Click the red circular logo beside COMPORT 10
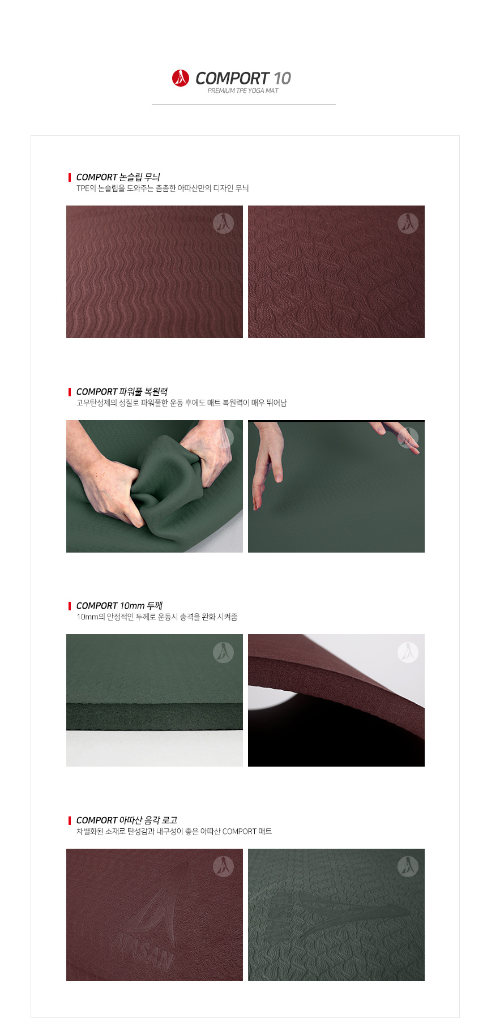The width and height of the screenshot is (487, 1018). point(181,78)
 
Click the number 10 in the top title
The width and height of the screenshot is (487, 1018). point(282,78)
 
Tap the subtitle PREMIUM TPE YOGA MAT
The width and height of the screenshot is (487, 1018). point(243,91)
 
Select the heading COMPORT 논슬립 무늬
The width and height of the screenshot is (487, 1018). point(118,177)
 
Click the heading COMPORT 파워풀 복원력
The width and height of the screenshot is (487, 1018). point(122,392)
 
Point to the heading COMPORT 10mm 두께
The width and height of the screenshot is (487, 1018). point(119,606)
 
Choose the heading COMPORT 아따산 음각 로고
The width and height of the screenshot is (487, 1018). point(127,820)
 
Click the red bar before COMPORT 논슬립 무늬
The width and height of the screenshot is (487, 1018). point(70,177)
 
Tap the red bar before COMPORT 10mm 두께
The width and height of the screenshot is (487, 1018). point(70,606)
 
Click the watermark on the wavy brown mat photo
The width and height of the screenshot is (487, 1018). point(223,223)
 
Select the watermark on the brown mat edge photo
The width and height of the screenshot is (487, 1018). point(408,652)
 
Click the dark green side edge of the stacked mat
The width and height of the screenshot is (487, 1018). point(155,717)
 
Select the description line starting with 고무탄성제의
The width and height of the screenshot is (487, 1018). point(182,403)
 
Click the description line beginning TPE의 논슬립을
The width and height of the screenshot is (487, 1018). point(163,189)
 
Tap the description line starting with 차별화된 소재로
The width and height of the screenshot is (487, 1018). point(174,832)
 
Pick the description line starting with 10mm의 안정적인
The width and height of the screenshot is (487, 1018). point(157,617)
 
